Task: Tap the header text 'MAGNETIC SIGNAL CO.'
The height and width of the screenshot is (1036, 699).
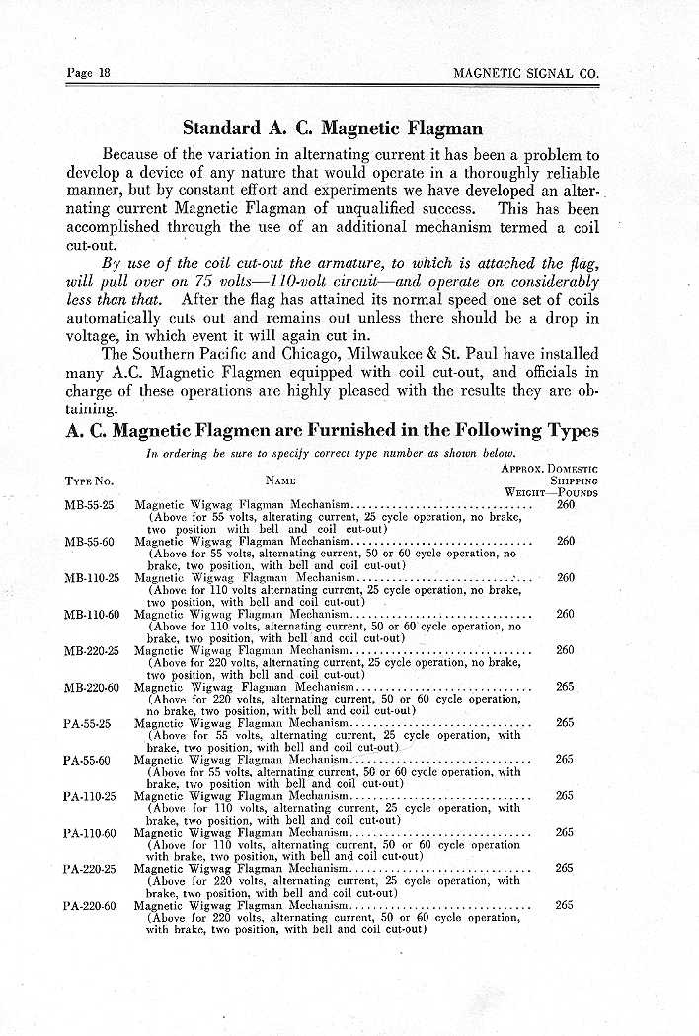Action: pyautogui.click(x=526, y=73)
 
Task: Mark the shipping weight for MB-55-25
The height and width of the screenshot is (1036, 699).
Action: pyautogui.click(x=566, y=505)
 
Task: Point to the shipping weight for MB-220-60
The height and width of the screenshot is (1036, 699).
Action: pyautogui.click(x=566, y=687)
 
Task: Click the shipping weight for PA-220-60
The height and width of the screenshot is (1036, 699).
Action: pyautogui.click(x=566, y=905)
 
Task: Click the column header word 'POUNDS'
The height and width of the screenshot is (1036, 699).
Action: pyautogui.click(x=578, y=491)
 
